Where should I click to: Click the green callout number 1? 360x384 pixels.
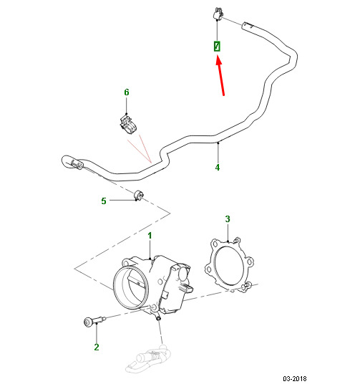click(x=150, y=236)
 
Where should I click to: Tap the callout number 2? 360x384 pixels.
click(x=97, y=347)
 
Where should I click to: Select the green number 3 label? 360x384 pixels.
click(x=228, y=219)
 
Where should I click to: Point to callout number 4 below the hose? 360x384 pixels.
click(x=218, y=168)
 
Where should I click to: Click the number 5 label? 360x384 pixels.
click(x=104, y=201)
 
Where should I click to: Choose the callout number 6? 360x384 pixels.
click(x=127, y=92)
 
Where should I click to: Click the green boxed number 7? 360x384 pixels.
click(x=217, y=46)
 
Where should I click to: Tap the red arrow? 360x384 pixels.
click(x=220, y=76)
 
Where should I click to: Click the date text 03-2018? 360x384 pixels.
click(x=295, y=378)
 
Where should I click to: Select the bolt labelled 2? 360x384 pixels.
click(x=94, y=320)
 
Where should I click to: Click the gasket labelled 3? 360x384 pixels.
click(x=229, y=265)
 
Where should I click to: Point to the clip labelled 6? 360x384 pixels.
click(x=129, y=125)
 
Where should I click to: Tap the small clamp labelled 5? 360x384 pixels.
click(x=139, y=195)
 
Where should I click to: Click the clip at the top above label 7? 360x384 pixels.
click(x=218, y=14)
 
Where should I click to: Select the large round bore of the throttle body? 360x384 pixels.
click(x=131, y=287)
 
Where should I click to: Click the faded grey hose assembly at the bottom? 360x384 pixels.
click(x=148, y=359)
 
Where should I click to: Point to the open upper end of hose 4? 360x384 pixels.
click(x=247, y=26)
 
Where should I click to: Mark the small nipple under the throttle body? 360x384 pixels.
click(x=158, y=317)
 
